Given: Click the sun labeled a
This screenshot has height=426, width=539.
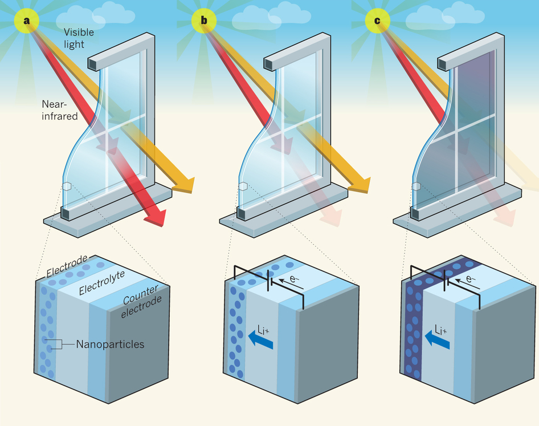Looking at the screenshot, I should pyautogui.click(x=26, y=21).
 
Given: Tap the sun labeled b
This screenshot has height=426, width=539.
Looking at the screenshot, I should pyautogui.click(x=204, y=21).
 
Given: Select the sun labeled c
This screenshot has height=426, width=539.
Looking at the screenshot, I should pyautogui.click(x=376, y=21).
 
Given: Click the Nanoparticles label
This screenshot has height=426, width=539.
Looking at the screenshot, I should pyautogui.click(x=111, y=344).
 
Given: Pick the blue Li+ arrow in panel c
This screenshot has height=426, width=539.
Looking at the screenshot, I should pyautogui.click(x=438, y=341).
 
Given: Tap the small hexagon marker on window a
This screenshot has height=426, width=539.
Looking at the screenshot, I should pyautogui.click(x=67, y=186).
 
